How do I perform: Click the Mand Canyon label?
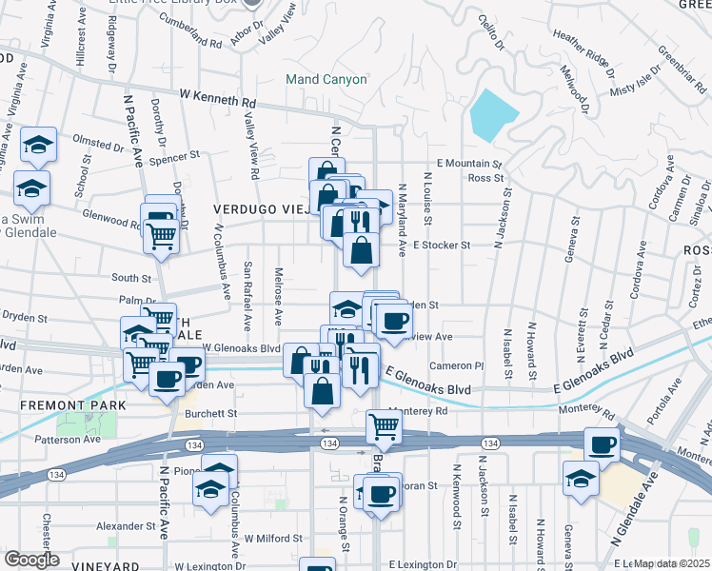click(x=326, y=79)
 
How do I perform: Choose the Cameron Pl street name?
click(x=457, y=365)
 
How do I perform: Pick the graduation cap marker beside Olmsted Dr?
click(x=39, y=145)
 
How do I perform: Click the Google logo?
click(x=31, y=560)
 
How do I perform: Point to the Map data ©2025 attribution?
click(x=670, y=563)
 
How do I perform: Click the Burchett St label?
click(x=211, y=414)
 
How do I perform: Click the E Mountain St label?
click(x=468, y=165)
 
